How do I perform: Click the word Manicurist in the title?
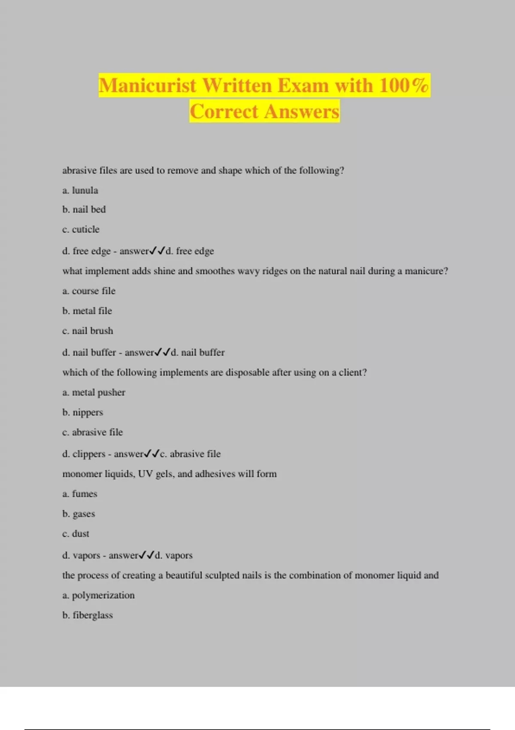coord(148,85)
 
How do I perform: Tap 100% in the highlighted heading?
coord(404,85)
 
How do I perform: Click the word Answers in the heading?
coord(301,112)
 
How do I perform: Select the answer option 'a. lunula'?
coord(80,190)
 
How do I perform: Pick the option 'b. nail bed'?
coord(84,210)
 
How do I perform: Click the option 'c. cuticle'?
coord(81,229)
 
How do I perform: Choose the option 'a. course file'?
coord(89,291)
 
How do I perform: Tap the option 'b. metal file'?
coord(87,311)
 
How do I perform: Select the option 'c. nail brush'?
coord(88,331)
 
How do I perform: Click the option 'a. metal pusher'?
coord(94,392)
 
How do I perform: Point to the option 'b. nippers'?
coord(83,413)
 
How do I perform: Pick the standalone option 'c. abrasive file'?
coord(93,432)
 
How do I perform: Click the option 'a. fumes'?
coord(80,494)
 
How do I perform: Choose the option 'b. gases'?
coord(79,514)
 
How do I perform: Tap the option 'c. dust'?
coord(76,534)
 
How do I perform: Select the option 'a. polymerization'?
coord(99,596)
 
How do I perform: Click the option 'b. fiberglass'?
coord(88,615)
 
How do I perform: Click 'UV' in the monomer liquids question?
coord(145,474)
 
